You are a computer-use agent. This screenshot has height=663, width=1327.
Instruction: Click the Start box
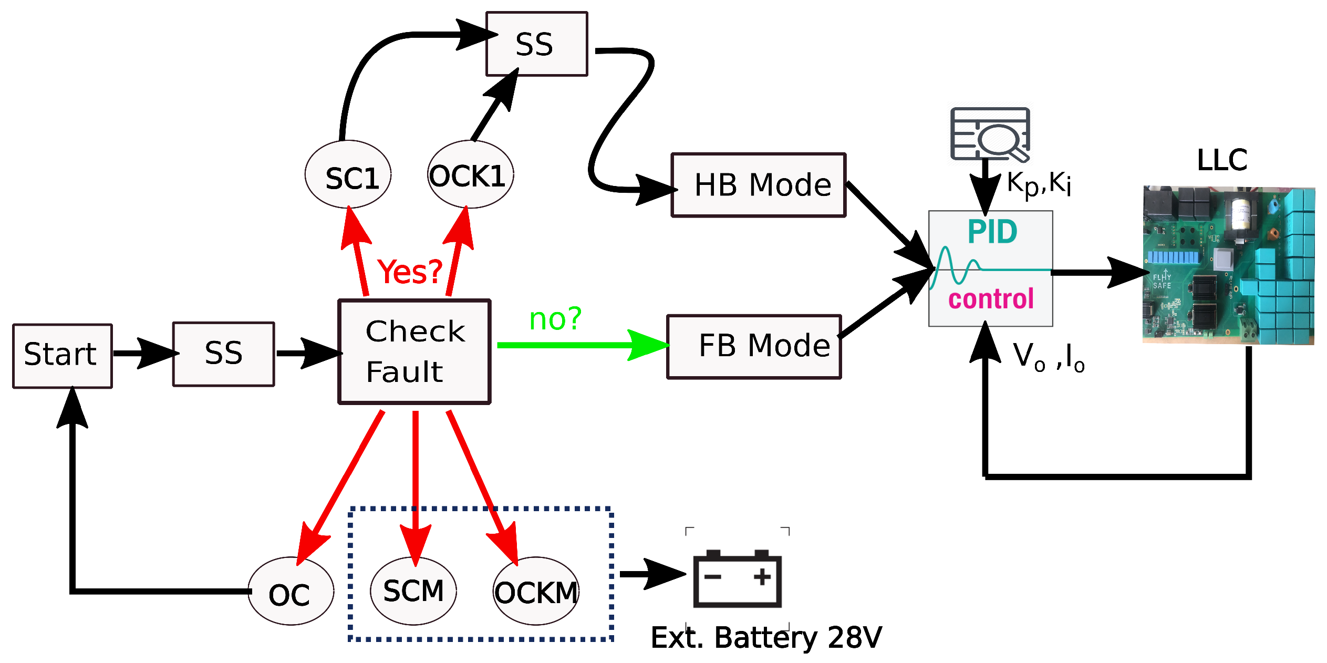[62, 356]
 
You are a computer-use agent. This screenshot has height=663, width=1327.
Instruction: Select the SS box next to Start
[223, 354]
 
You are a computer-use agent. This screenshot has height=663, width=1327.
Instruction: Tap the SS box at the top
[536, 44]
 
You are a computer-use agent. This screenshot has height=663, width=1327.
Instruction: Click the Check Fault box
[414, 351]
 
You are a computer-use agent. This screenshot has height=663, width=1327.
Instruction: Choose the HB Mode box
[758, 185]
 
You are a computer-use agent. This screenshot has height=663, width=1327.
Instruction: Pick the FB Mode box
[754, 346]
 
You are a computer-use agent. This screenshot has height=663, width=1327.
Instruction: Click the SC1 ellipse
[348, 175]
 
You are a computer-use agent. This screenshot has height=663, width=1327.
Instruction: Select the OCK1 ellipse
[470, 175]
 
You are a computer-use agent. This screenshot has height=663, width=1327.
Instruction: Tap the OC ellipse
[291, 592]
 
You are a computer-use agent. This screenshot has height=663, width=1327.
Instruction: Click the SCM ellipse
[413, 591]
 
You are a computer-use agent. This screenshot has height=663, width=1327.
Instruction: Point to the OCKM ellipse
[536, 592]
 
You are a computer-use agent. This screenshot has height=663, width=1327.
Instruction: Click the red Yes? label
[410, 272]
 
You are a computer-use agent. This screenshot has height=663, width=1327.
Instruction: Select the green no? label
[555, 319]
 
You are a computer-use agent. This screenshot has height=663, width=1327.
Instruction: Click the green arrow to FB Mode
[578, 345]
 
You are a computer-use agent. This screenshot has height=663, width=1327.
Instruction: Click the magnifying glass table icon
[990, 134]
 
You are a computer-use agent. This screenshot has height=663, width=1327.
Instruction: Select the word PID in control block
[992, 232]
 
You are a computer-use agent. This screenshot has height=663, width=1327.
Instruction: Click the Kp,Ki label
[1039, 184]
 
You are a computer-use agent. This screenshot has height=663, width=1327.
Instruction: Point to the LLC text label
[1221, 160]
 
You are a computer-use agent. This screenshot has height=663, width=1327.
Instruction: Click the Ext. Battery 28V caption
[766, 638]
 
